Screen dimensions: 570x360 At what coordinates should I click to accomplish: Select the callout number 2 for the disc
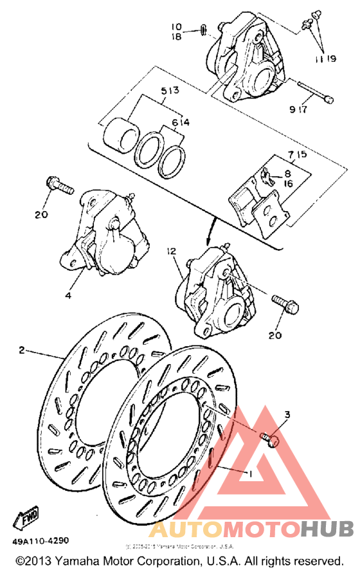pyautogui.click(x=22, y=350)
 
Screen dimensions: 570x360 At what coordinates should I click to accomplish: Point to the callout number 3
pyautogui.click(x=287, y=414)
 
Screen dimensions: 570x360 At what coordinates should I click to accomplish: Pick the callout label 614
pyautogui.click(x=181, y=122)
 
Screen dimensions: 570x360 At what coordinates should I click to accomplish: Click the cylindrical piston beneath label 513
pyautogui.click(x=121, y=133)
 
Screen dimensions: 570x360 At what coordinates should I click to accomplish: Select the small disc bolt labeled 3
pyautogui.click(x=270, y=439)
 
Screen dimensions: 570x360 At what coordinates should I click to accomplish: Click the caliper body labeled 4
pyautogui.click(x=109, y=238)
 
